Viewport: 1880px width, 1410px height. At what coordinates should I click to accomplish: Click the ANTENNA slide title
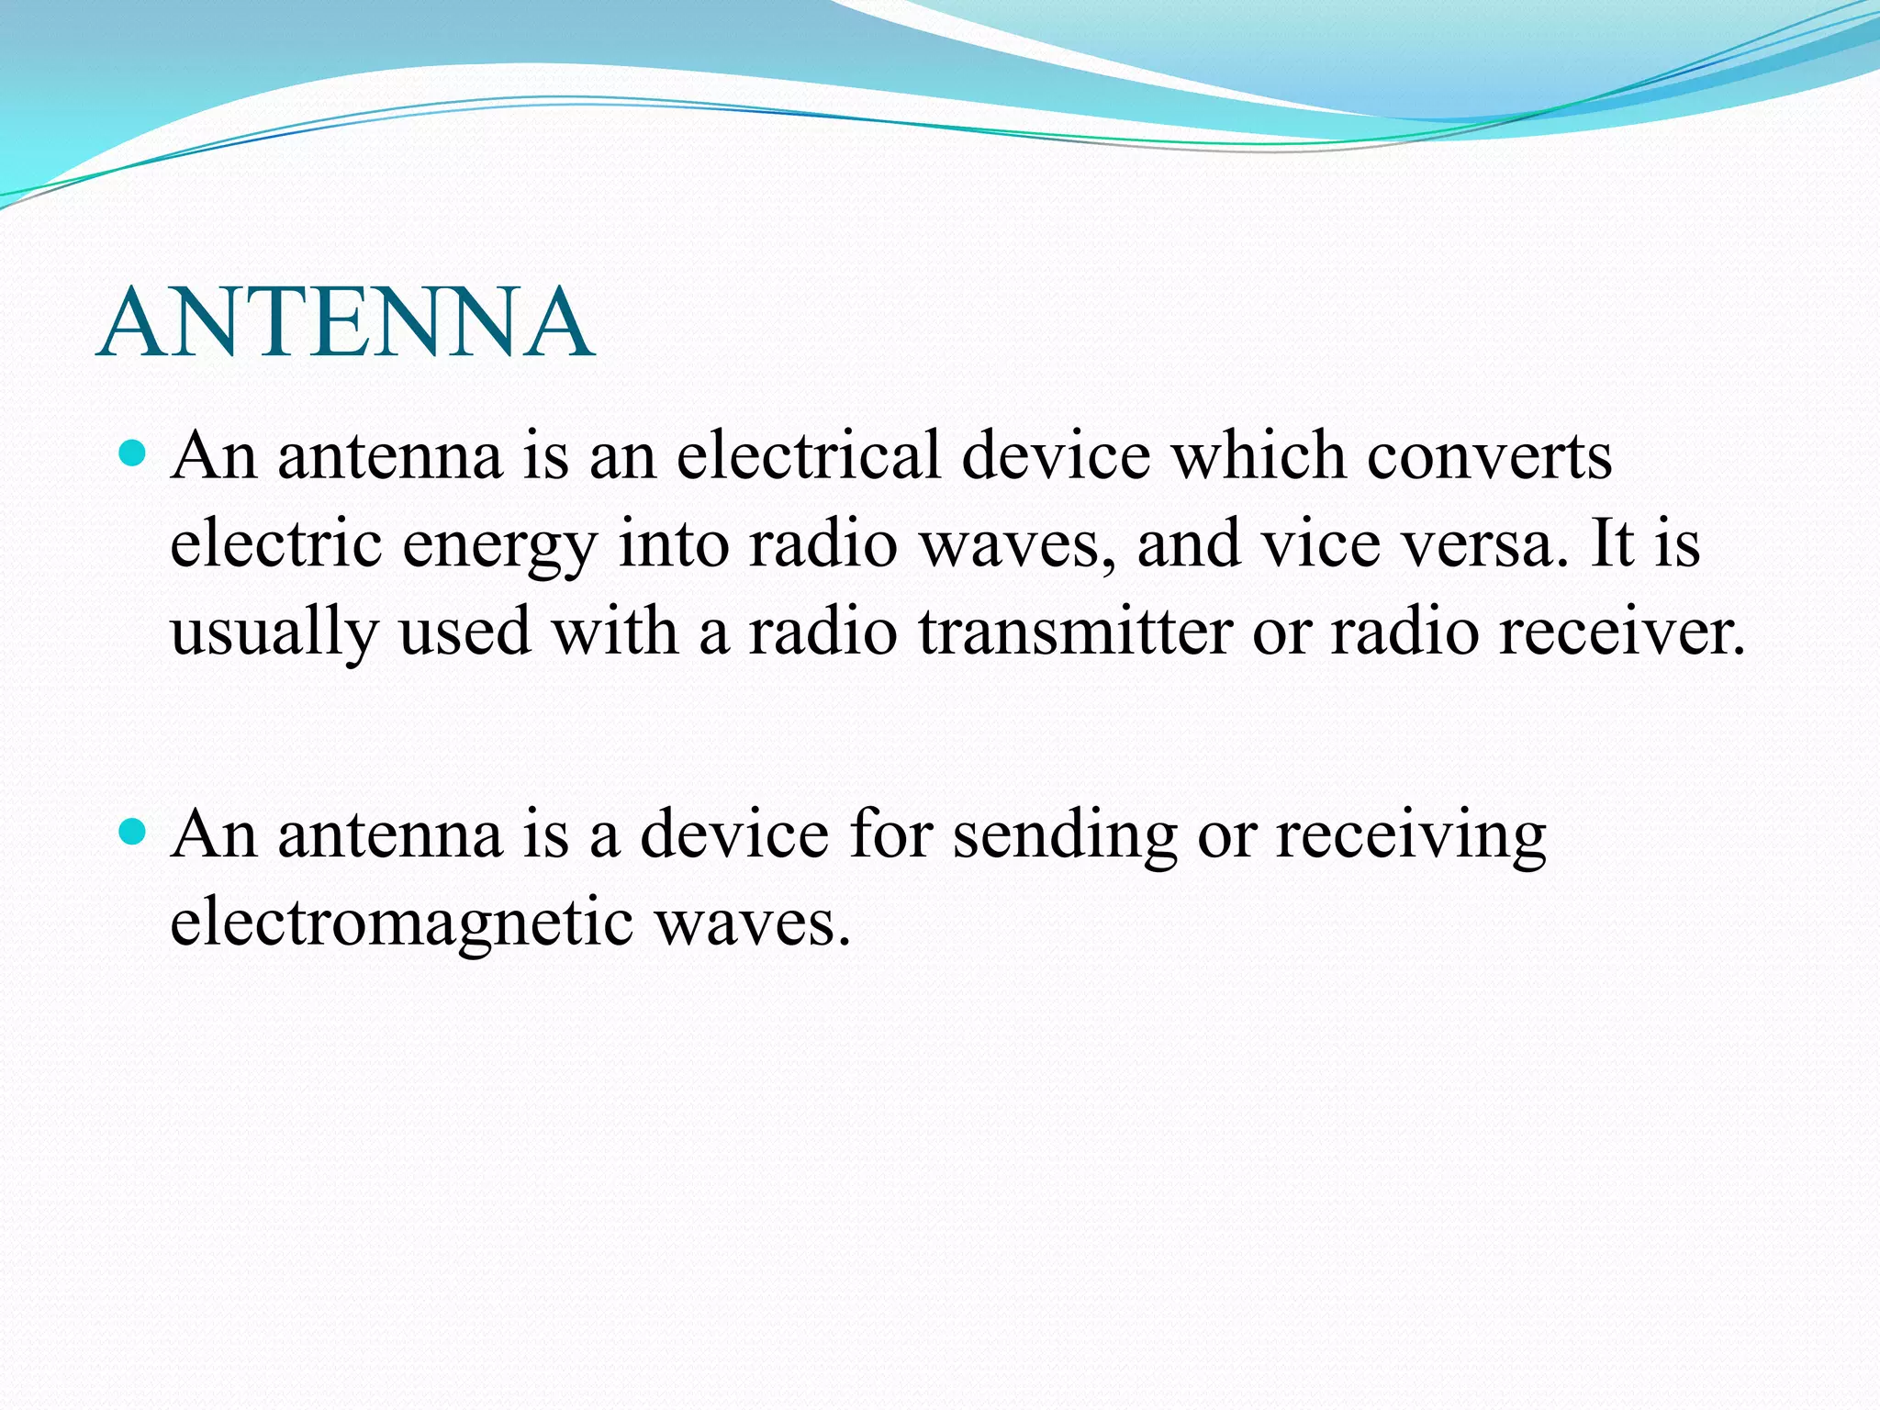(x=345, y=323)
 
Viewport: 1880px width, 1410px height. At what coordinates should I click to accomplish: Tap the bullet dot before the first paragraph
(x=134, y=454)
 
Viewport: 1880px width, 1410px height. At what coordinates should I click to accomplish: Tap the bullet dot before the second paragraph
(x=134, y=834)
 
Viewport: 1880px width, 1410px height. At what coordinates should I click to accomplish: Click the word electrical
(x=808, y=455)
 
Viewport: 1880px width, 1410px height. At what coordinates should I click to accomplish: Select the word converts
(x=1488, y=457)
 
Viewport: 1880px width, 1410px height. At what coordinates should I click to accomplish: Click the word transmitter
(x=1075, y=632)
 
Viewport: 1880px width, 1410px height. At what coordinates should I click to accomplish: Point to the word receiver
(x=1621, y=632)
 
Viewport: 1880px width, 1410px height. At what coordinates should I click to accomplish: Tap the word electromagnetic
(x=401, y=923)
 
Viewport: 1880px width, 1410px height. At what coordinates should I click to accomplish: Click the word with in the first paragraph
(x=615, y=632)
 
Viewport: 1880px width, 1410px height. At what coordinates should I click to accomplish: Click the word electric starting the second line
(x=275, y=543)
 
